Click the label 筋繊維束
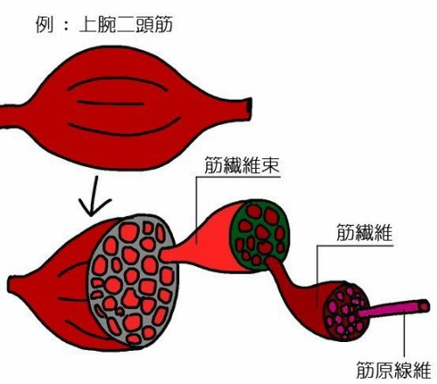(x=242, y=164)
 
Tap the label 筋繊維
(x=364, y=233)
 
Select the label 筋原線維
(x=394, y=370)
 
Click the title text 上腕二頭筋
(x=126, y=24)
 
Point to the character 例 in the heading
(x=45, y=24)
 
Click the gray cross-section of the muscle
(x=133, y=281)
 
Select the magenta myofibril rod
(x=393, y=310)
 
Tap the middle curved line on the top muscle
(x=111, y=103)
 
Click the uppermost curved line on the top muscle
(x=116, y=79)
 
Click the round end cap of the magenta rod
(x=425, y=305)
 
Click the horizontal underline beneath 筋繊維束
(x=239, y=177)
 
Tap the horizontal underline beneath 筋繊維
(x=355, y=246)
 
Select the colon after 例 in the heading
(x=66, y=24)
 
